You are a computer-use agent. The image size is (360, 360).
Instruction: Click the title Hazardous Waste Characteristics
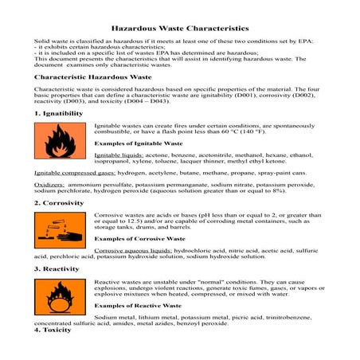click(x=179, y=27)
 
